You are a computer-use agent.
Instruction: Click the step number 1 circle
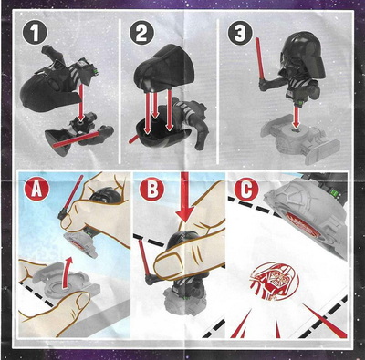click(x=35, y=32)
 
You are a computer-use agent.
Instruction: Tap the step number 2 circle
click(x=141, y=32)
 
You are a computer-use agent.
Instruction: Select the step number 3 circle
click(x=240, y=32)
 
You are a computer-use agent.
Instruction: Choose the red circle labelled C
click(x=246, y=189)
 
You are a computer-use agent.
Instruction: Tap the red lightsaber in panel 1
click(x=76, y=139)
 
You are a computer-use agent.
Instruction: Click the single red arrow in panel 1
click(x=81, y=102)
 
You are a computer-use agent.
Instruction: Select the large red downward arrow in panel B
click(x=184, y=198)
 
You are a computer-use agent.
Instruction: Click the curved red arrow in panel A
click(x=68, y=272)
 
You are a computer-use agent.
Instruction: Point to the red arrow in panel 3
click(x=296, y=117)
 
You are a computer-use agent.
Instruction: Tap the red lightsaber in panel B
click(x=143, y=257)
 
